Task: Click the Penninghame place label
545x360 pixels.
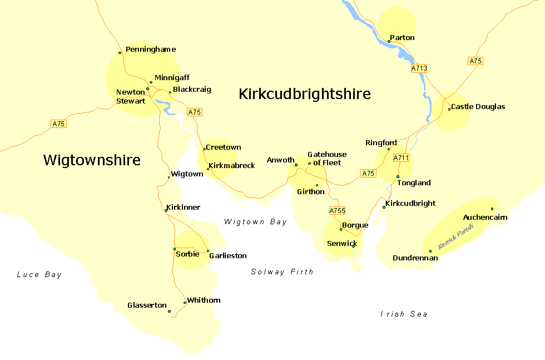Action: pos(150,50)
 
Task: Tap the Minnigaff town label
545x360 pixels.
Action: pos(172,78)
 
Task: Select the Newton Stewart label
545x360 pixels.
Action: pos(131,97)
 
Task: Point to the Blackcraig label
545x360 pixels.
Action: pos(192,90)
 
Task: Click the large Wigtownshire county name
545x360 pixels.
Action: pos(92,161)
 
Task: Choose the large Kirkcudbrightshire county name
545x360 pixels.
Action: pos(304,94)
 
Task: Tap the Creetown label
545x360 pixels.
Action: pos(223,147)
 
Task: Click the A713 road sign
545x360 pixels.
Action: pos(419,68)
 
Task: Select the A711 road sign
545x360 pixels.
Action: pos(401,158)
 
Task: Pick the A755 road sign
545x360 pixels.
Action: pos(338,211)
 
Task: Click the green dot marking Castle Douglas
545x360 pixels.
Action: pos(449,109)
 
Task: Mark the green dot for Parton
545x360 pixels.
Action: pos(389,41)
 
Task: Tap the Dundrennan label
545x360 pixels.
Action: pos(415,258)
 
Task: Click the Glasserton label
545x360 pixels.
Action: pos(147,305)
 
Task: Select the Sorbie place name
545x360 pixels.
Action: pos(187,254)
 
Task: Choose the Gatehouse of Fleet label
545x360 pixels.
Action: pos(327,159)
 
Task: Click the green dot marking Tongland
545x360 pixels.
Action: pos(398,176)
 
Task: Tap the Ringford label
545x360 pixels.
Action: pos(381,143)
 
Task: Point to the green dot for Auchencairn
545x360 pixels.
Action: pos(492,209)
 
